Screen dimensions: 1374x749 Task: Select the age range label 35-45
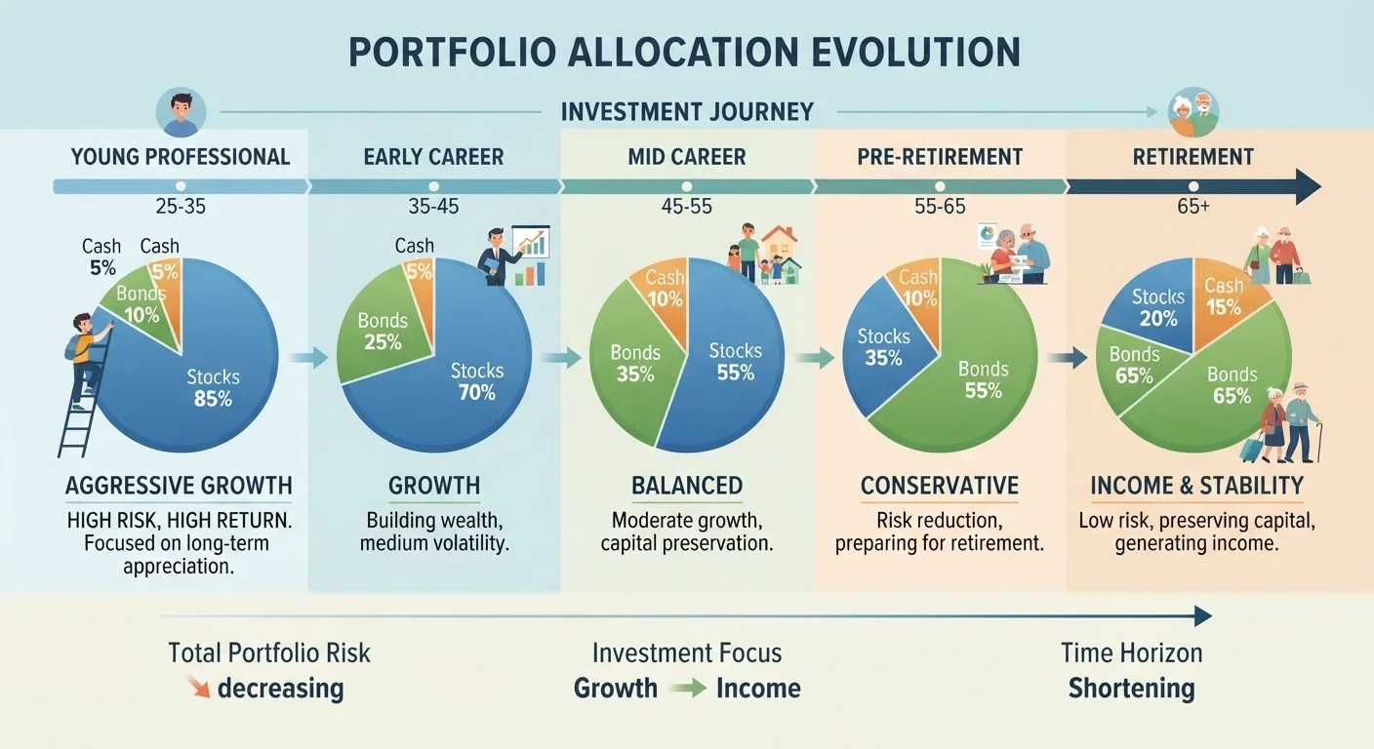[433, 207]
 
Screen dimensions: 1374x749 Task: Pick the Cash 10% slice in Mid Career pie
[663, 295]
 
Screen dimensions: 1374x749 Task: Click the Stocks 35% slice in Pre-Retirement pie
[883, 349]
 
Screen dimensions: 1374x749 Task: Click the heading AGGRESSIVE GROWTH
[180, 486]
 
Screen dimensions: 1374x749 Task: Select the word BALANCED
[687, 486]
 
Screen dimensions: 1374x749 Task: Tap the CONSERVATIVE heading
[939, 486]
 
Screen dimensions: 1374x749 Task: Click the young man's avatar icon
[181, 112]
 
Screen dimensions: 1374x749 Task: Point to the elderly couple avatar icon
[1193, 112]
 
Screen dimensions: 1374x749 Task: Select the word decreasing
[280, 689]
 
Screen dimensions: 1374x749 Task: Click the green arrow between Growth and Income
[687, 689]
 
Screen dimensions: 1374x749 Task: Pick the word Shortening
[1132, 689]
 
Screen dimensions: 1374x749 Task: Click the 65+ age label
[1193, 207]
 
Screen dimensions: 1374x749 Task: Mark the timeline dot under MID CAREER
[687, 186]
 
